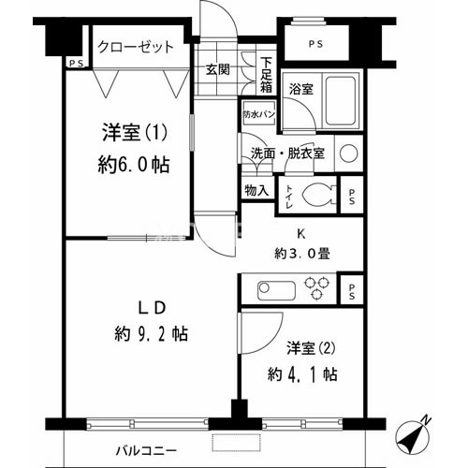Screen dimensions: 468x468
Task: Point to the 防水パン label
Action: [x=259, y=112]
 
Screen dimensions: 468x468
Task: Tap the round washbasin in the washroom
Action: [x=348, y=154]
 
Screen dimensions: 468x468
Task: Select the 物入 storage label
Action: [x=256, y=191]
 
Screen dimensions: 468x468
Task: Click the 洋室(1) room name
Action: [x=132, y=132]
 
